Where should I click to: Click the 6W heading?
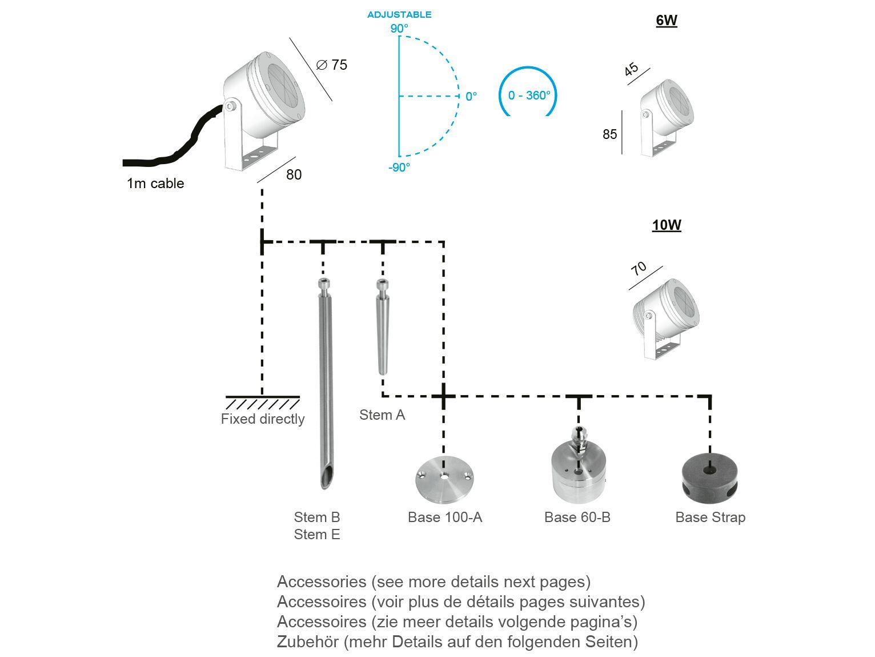coord(666,21)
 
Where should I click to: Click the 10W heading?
coord(667,225)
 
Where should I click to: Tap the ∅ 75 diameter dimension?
coord(332,65)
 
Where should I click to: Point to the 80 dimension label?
coord(294,174)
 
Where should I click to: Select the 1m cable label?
coord(155,184)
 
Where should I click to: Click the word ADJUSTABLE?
coord(399,15)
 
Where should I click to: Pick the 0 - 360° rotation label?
coord(529,95)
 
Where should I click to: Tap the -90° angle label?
coord(399,168)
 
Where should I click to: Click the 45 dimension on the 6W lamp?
coord(631,70)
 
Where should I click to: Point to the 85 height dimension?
coord(609,134)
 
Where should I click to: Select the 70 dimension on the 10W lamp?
coord(639,268)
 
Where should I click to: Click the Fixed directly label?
coord(263,419)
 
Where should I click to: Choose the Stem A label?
coord(382,415)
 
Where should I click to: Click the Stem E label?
coord(317,535)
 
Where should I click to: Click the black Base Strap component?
coord(710,476)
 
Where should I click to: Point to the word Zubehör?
coord(308,642)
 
